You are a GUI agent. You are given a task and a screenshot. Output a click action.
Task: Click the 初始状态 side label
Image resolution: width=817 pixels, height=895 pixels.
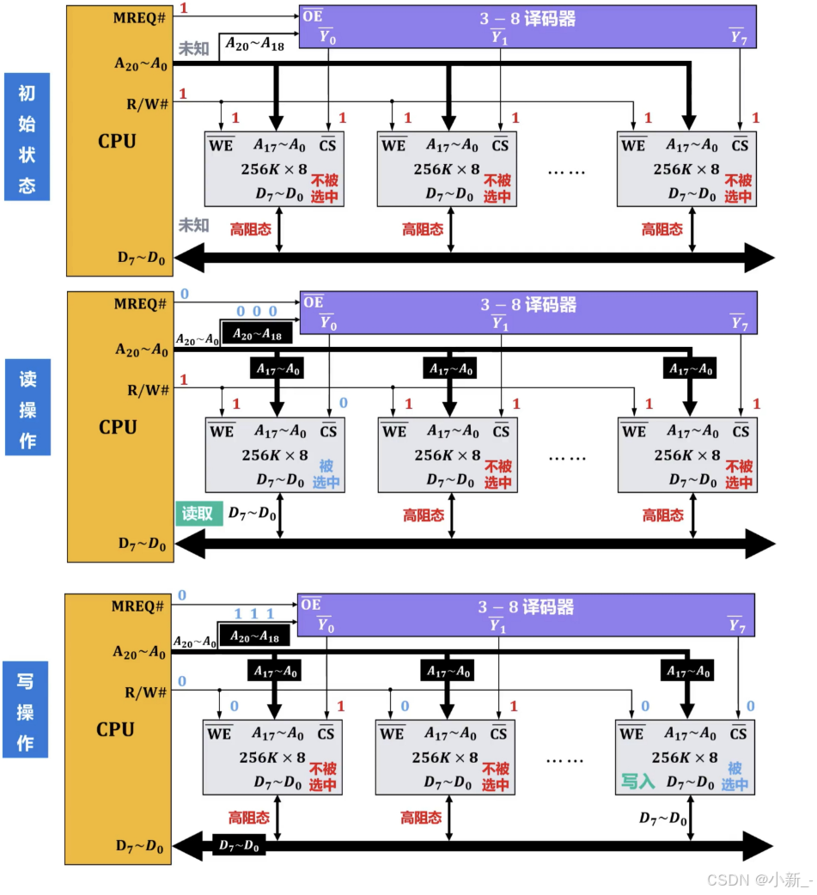point(27,137)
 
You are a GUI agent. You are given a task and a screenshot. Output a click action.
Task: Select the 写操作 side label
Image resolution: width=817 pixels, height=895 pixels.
point(26,710)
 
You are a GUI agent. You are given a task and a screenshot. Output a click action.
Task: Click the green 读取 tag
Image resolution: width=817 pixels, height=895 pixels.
point(198,514)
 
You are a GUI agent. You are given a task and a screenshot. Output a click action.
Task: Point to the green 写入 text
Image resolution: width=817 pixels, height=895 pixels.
point(638,782)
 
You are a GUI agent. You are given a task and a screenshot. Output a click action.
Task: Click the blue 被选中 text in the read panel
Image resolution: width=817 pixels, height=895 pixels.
point(326,474)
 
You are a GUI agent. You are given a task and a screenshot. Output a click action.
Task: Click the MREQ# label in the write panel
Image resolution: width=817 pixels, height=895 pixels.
point(137,606)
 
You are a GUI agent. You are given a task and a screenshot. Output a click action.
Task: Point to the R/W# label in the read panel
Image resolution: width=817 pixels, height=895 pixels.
point(148,390)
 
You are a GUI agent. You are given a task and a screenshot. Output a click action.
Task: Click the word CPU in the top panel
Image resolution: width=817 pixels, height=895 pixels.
point(117,141)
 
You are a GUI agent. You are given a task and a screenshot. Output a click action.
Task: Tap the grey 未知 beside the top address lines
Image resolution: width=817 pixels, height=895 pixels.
point(193,49)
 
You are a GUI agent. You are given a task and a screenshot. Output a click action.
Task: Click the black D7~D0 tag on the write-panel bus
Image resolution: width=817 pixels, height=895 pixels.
point(238,846)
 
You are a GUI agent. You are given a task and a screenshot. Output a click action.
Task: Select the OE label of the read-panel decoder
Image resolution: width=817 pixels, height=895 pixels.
point(314,302)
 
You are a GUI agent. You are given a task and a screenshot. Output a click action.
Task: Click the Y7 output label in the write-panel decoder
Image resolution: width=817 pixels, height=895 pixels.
point(736,625)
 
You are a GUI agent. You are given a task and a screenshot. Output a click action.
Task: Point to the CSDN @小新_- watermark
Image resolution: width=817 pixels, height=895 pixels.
point(758,879)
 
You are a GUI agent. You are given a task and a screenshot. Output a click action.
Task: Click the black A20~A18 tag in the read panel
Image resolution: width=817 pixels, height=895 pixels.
point(257,332)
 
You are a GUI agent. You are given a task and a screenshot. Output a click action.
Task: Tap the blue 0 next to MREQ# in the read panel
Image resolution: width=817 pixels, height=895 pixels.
point(183,294)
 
